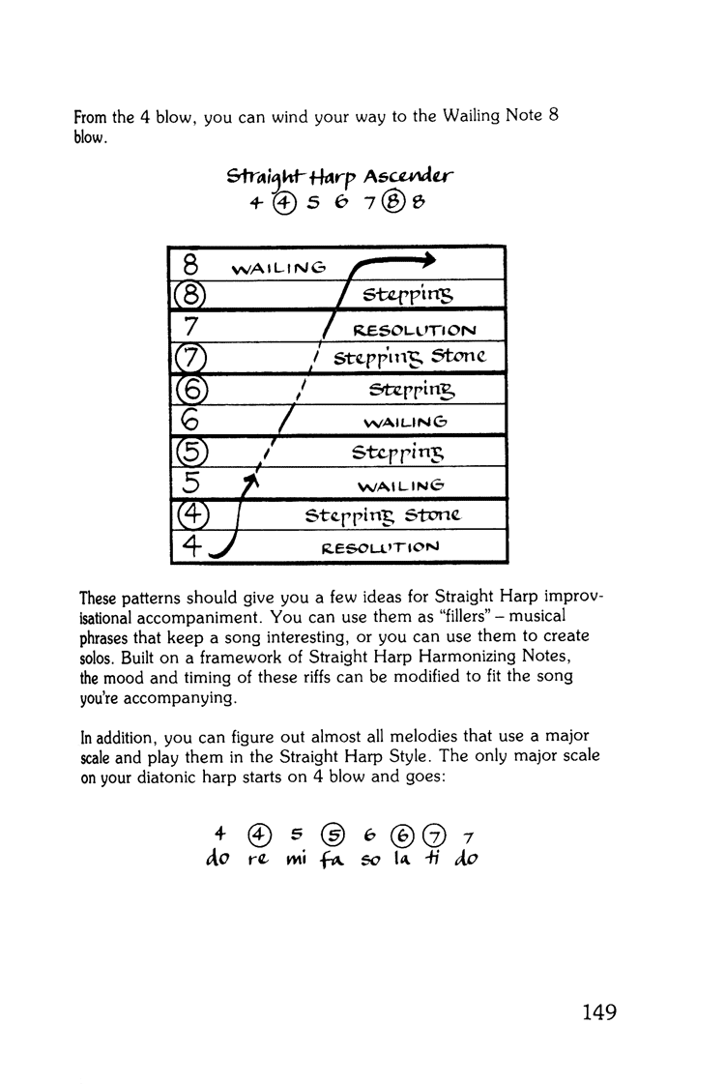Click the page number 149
[x=599, y=1012]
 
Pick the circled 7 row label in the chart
[x=189, y=357]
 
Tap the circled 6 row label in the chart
[x=189, y=390]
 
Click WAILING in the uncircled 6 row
[x=406, y=422]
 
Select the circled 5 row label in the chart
[x=189, y=453]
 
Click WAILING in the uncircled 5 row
[x=400, y=483]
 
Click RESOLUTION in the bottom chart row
[x=391, y=546]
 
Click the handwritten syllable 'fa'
[x=333, y=859]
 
